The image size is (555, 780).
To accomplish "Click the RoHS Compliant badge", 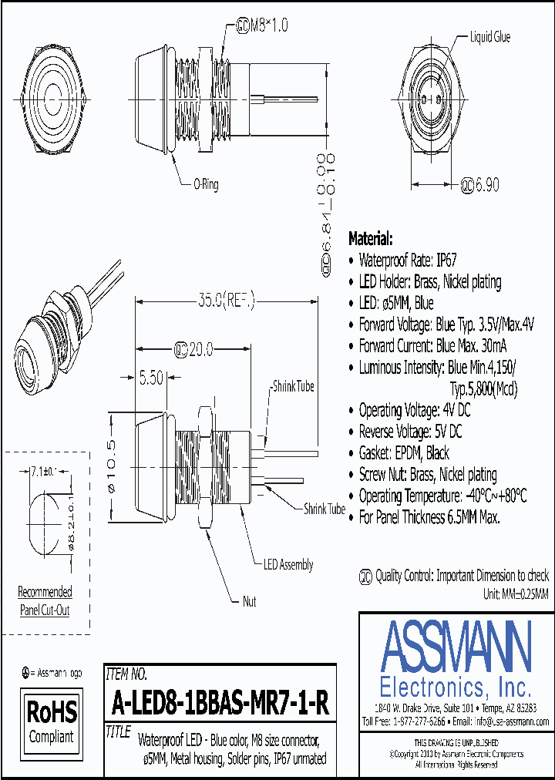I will (x=52, y=721).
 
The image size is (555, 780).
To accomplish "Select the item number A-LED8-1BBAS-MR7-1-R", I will (x=220, y=702).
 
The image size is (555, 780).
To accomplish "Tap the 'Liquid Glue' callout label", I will (x=489, y=37).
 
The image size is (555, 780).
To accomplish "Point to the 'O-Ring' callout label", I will (x=206, y=184).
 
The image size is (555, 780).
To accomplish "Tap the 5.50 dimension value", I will (x=151, y=378).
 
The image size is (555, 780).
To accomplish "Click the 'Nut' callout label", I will (x=249, y=601).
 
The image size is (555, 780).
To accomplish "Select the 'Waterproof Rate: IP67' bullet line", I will (x=409, y=261).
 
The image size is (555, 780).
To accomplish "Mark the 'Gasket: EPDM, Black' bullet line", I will (x=404, y=452).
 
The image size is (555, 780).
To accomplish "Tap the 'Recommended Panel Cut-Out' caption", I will (x=45, y=600).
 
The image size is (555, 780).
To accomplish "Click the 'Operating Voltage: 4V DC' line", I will (x=414, y=410).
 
